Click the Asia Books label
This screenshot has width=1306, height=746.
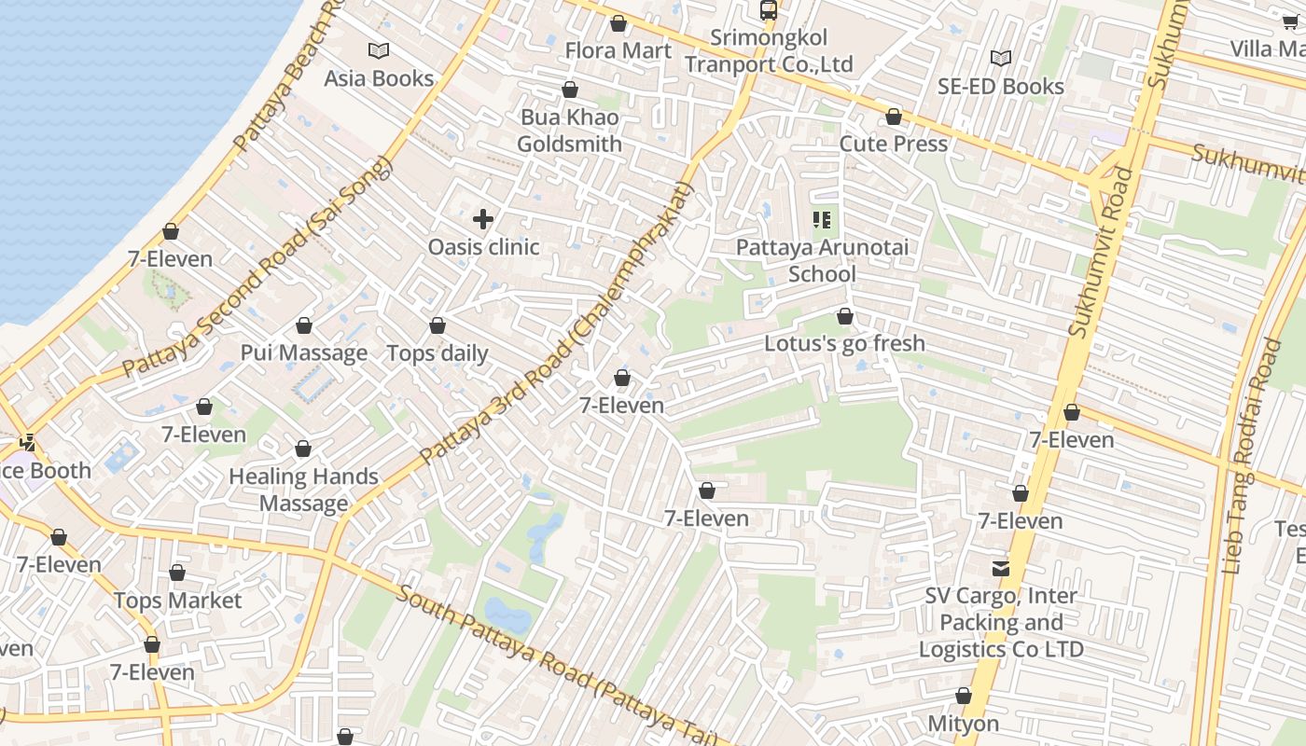click(x=379, y=78)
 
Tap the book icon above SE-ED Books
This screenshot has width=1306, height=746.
click(x=1001, y=59)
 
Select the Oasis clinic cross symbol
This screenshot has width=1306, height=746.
click(x=483, y=219)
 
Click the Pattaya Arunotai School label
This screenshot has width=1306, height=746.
click(x=822, y=261)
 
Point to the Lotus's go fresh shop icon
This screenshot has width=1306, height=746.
click(x=845, y=317)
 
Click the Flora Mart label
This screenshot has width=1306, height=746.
click(x=618, y=50)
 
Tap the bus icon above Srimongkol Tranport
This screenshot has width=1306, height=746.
click(x=769, y=10)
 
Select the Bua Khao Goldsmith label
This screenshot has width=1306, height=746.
click(x=569, y=131)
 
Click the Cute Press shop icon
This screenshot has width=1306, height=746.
click(x=894, y=117)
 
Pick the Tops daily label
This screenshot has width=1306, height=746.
click(x=438, y=353)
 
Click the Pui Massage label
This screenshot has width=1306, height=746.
click(x=304, y=352)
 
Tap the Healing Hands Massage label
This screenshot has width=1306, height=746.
click(x=304, y=490)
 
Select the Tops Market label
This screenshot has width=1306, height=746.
click(x=177, y=601)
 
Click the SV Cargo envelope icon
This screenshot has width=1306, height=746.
click(x=1001, y=568)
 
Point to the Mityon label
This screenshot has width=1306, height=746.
click(x=963, y=724)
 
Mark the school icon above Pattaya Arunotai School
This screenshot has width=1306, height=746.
click(x=822, y=220)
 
